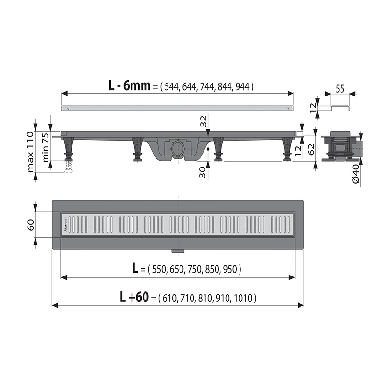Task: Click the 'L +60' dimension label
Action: [x=134, y=298]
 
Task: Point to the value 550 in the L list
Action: [x=159, y=270]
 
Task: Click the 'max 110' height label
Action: [x=31, y=151]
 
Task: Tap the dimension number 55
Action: [x=340, y=88]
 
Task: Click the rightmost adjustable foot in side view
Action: [x=288, y=149]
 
